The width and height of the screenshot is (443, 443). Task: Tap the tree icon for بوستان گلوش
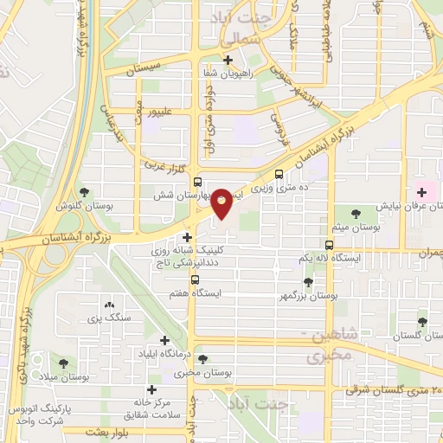pos(84,192)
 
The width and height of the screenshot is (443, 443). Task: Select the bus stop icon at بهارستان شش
pos(198,182)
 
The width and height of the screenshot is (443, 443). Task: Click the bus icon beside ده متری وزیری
pos(279,173)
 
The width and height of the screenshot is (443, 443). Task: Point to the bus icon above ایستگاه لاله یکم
pos(329,245)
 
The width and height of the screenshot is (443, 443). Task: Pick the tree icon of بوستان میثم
pos(356,213)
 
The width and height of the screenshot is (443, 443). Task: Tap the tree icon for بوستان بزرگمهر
pos(308,281)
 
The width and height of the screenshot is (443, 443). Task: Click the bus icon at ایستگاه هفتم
pos(194,280)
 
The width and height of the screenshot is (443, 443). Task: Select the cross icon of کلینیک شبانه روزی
pos(187,237)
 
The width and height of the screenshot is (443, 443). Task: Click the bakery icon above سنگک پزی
pos(109,305)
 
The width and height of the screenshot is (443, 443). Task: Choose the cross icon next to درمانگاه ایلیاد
pos(164,340)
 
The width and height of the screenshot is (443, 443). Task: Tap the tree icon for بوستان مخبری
pos(202,359)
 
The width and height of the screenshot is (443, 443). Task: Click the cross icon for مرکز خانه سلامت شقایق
pos(152,390)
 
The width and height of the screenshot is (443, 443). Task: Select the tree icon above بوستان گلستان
pos(421,321)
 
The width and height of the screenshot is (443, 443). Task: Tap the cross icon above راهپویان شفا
pos(228,61)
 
